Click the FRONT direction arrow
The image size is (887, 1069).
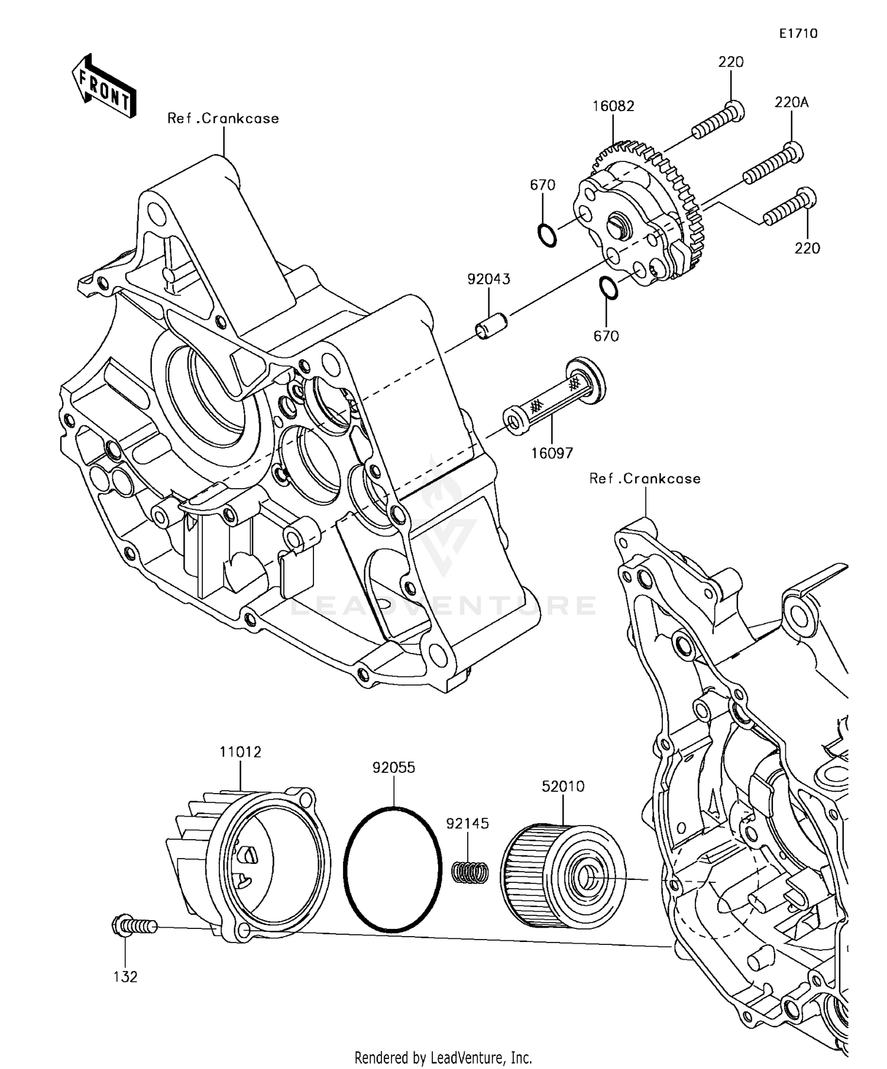tap(104, 86)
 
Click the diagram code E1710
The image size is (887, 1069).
tap(798, 34)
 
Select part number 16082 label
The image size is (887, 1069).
tap(613, 106)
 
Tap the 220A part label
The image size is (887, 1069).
tap(791, 103)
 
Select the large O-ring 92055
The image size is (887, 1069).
tap(393, 868)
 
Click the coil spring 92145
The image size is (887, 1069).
tap(471, 872)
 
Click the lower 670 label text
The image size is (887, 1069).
tap(606, 336)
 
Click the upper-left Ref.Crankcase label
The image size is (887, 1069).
tap(223, 119)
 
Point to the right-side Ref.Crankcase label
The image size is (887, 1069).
tap(645, 479)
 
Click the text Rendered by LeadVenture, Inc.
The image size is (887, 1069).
tap(443, 1057)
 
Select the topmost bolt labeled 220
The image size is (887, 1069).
tap(717, 119)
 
